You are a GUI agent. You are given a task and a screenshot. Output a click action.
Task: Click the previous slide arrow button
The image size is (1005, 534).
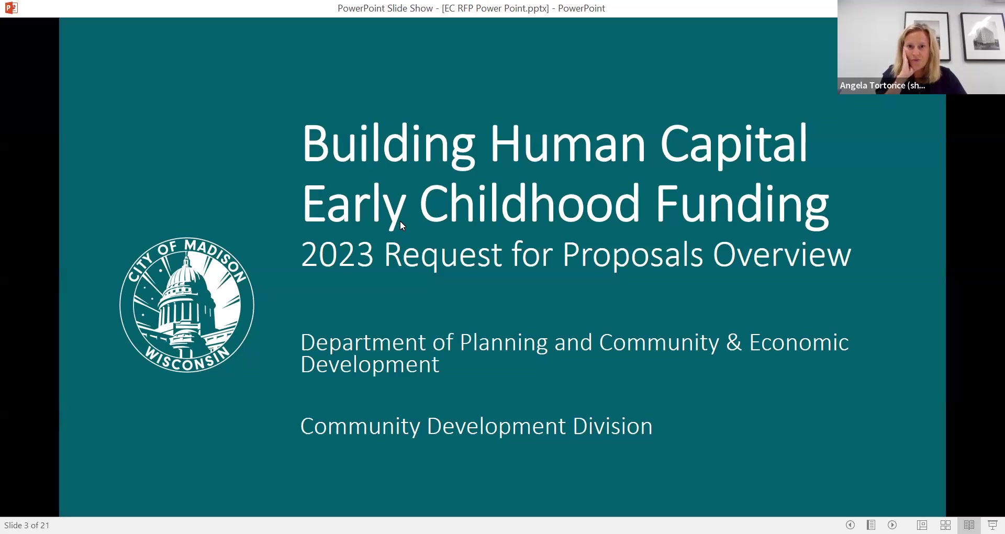coord(850,525)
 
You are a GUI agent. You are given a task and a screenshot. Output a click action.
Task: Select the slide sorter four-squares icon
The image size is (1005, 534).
coord(945,525)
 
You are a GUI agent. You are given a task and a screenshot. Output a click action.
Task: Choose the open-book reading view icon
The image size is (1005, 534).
coord(969,525)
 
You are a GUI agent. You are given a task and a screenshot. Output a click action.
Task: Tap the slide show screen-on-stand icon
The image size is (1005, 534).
coord(992,525)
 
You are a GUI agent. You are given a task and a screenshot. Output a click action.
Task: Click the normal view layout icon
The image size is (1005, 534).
coord(922,525)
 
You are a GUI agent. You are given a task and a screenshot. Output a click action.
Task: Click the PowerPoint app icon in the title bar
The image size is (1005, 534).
coord(11,8)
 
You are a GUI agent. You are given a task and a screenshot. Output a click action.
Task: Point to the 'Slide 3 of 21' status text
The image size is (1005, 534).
coord(27,525)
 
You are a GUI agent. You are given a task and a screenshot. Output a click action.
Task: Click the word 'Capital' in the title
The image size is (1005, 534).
coord(733,144)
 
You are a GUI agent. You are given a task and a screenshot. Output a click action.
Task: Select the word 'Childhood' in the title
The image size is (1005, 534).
coord(529,204)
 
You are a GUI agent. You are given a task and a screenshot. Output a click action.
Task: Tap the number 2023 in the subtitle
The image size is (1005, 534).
coord(337,255)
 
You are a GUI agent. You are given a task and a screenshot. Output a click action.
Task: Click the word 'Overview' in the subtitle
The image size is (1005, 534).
coord(782,255)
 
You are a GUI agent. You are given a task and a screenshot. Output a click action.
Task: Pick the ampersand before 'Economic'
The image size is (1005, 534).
coord(734,343)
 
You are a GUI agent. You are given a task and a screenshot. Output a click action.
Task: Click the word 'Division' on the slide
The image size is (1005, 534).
coord(612,426)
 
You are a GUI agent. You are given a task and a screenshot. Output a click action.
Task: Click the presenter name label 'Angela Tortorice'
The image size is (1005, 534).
coord(873,85)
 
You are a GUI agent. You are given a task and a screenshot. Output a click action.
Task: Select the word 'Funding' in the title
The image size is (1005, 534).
coord(742,204)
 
